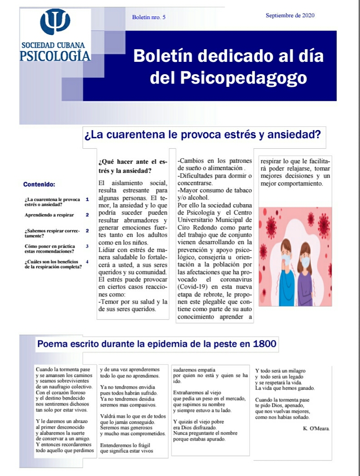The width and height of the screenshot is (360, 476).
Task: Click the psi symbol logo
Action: [55, 22]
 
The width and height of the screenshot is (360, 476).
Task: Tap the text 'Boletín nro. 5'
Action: [149, 17]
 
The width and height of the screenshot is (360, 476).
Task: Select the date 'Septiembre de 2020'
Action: [290, 15]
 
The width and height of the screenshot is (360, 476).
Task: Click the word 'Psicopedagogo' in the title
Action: [228, 78]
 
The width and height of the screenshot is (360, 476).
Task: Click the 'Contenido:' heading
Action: [39, 185]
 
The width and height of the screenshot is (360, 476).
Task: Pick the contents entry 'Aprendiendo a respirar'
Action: [50, 215]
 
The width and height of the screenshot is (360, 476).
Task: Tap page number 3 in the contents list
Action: [87, 246]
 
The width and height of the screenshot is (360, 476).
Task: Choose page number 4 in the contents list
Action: [87, 262]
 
